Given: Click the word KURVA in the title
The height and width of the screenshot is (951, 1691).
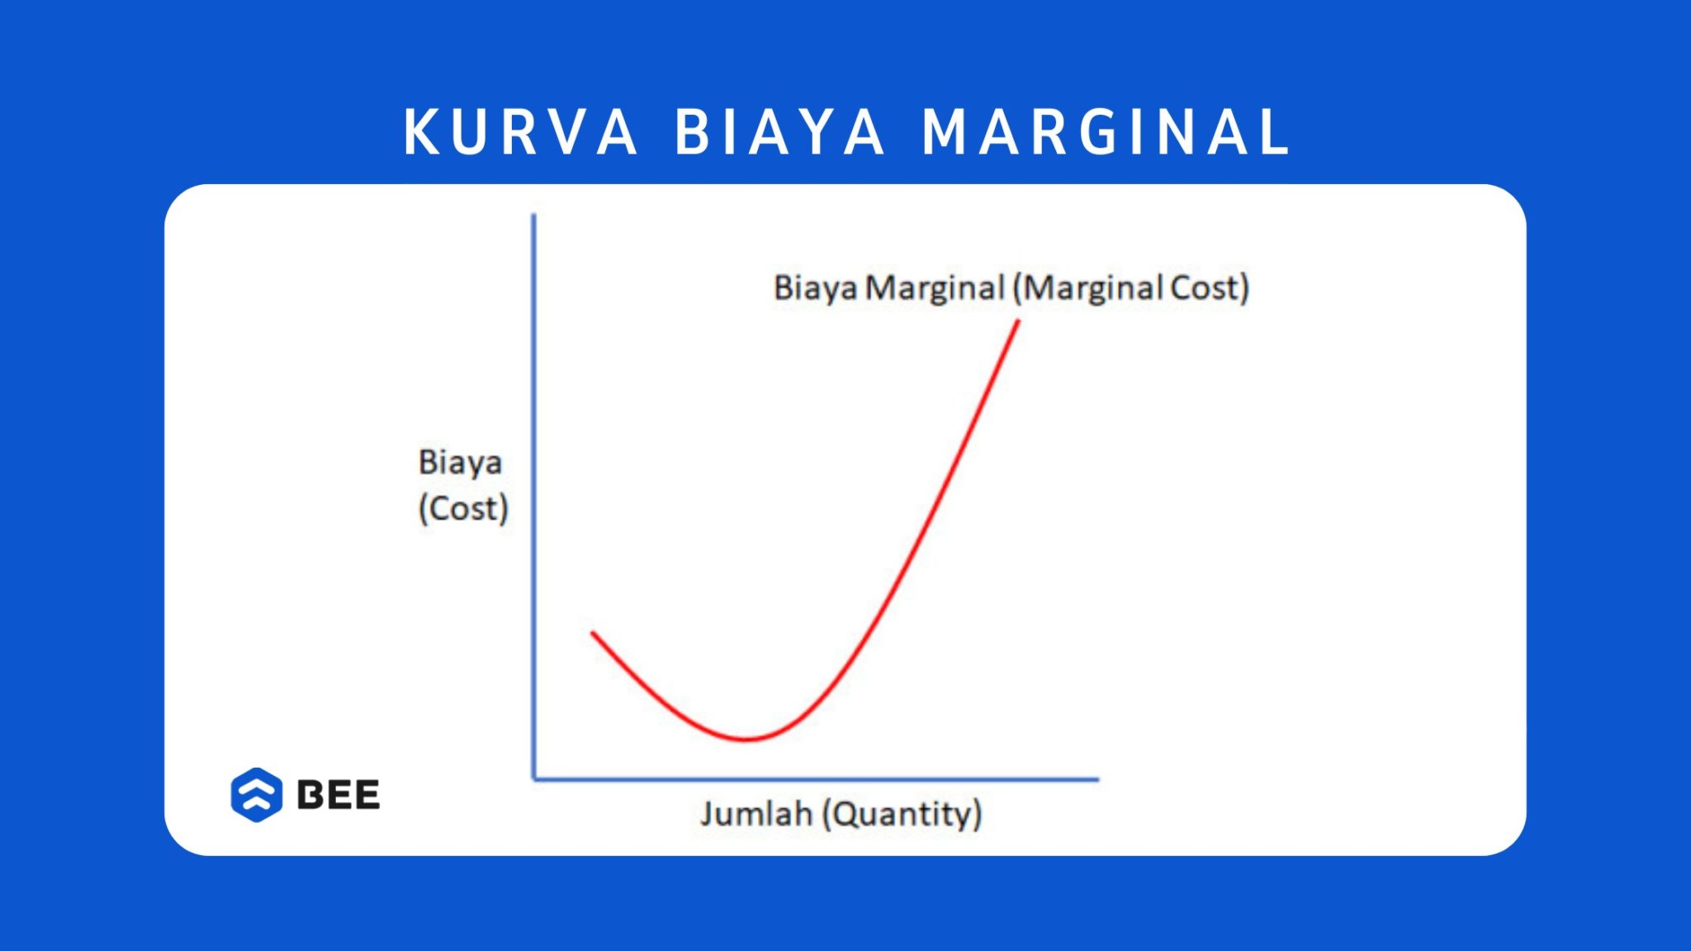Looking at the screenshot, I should point(520,132).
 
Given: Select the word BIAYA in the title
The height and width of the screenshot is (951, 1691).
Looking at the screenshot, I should point(779,132).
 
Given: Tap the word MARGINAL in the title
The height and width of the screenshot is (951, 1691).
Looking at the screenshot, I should point(1106,132).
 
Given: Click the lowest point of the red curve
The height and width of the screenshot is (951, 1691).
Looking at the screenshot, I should point(746,739).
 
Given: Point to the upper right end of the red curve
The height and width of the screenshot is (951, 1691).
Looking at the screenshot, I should point(1018,322).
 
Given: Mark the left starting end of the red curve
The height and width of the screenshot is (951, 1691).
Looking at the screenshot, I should point(593,633).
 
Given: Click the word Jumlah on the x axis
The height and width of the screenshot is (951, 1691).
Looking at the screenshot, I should point(756,814).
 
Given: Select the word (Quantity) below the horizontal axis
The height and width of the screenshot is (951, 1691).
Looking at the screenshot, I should point(902,814).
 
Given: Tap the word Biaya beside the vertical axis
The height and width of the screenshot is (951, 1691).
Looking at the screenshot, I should point(460,462).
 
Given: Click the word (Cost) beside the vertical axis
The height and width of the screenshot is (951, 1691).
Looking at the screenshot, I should point(463,509).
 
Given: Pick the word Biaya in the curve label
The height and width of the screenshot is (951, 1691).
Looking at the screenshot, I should point(815,288).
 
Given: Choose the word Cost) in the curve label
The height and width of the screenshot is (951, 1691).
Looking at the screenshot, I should point(1210,288).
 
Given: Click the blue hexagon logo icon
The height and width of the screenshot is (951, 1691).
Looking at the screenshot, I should point(257,795).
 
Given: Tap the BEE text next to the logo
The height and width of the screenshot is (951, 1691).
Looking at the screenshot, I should point(338,795).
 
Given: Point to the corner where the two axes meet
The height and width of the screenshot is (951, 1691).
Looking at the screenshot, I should point(534,778).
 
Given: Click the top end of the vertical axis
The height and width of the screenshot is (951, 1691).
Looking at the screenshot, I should point(533,216).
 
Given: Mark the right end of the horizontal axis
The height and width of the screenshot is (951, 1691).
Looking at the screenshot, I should point(1097,778).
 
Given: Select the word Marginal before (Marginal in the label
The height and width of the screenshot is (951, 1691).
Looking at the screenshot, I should point(935,288).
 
